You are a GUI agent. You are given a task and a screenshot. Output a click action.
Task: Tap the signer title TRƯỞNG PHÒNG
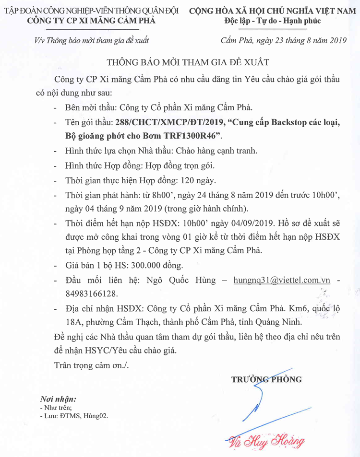coord(266,379)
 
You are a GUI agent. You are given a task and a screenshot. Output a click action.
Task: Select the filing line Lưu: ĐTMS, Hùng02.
coord(74,416)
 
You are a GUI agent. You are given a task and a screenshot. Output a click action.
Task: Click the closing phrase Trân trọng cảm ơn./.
coord(91,365)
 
